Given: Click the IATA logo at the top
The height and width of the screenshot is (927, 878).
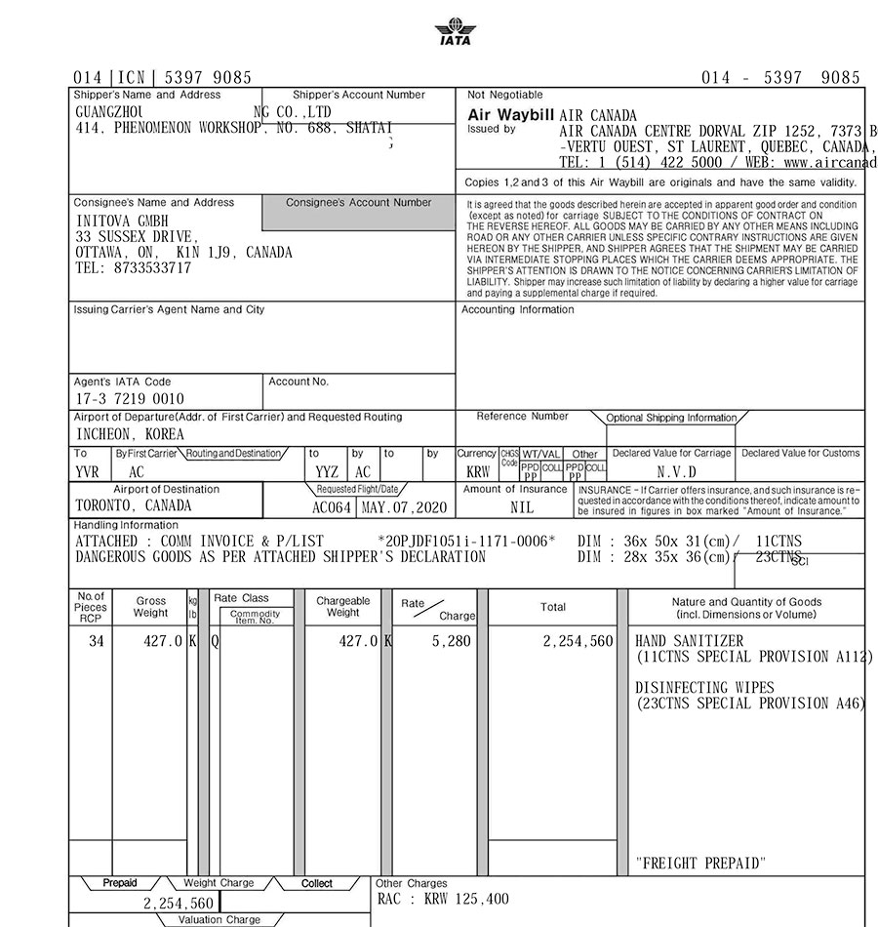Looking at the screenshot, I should coord(453,33).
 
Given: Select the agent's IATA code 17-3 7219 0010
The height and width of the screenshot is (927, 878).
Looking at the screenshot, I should coord(129,399).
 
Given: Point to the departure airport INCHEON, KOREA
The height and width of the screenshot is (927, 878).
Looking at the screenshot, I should coord(130,434).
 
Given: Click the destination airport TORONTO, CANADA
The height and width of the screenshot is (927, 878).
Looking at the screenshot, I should coord(134,506).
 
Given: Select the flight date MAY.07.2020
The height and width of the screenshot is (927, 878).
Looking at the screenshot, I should coord(403,507).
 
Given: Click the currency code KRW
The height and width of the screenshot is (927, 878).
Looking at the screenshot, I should coord(478,471).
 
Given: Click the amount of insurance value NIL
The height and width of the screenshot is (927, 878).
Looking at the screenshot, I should coord(522,507).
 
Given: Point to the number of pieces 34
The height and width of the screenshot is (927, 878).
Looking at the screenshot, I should coord(96,641).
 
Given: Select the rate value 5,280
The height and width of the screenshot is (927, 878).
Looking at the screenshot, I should coord(452,641).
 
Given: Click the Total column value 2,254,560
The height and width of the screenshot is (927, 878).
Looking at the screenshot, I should coord(579,641).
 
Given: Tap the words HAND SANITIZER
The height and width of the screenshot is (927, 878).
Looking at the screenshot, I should coord(689,641).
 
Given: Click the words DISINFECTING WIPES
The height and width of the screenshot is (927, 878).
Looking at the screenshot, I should coord(704,687).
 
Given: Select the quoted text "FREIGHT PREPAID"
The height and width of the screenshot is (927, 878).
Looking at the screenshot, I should coord(700,863).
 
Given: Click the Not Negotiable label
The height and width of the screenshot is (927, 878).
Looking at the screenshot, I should coord(504,95).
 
